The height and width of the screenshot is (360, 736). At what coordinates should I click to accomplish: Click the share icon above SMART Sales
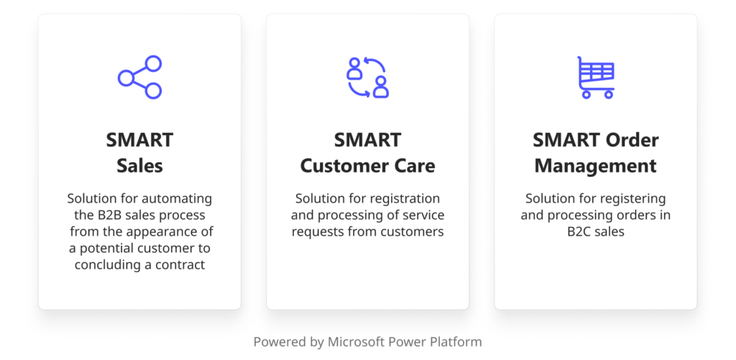coord(139,76)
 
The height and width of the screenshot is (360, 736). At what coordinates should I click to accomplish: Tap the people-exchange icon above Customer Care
coord(367,76)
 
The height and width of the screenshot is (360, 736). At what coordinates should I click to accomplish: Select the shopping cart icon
coord(596,76)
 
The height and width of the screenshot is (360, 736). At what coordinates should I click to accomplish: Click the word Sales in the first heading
coord(139,165)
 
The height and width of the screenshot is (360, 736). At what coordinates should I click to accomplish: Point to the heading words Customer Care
coord(367,165)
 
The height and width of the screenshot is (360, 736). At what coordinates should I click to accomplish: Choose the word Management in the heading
coord(595,165)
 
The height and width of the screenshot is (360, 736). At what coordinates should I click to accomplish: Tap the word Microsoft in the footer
coord(359,342)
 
